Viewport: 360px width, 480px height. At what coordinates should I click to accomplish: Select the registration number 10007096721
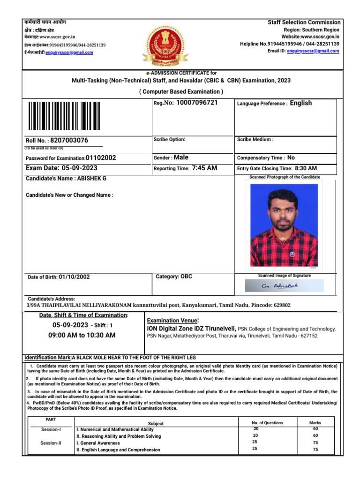[x=197, y=103]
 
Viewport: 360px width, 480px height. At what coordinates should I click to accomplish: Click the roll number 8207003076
[x=69, y=140]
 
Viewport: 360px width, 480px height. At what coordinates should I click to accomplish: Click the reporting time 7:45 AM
[x=204, y=168]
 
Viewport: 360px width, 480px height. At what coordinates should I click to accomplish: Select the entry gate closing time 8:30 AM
[x=306, y=168]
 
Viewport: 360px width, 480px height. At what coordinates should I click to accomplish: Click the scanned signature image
[x=284, y=285]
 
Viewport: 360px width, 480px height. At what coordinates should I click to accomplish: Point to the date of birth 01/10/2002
[x=74, y=277]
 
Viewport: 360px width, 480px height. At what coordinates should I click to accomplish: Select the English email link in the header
[x=313, y=51]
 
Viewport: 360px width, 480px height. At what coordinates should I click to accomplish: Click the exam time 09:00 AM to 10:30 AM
[x=82, y=335]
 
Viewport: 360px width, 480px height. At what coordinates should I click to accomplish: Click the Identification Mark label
[x=47, y=357]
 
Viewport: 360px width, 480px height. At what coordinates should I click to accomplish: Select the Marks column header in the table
[x=315, y=422]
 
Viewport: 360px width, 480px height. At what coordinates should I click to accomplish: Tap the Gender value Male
[x=181, y=157]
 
